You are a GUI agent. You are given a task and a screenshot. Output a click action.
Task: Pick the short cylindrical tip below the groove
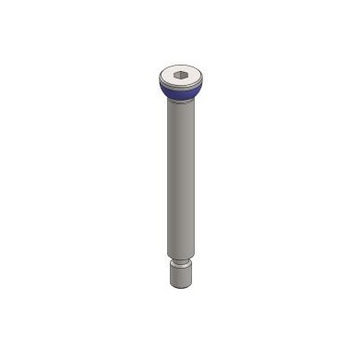click(183, 276)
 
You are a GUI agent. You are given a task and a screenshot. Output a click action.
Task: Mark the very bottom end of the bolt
click(183, 287)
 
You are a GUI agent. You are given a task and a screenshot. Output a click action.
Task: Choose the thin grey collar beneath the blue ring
click(179, 100)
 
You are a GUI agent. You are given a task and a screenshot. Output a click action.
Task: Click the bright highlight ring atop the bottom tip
click(183, 267)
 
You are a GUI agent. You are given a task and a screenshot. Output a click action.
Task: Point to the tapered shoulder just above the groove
click(182, 258)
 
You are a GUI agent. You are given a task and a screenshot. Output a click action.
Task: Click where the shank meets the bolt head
click(179, 103)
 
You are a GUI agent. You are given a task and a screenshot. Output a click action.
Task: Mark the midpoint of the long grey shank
click(180, 180)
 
